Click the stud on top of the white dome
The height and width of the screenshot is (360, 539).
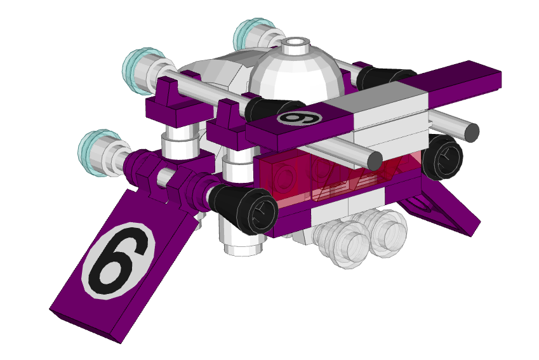tap(294, 46)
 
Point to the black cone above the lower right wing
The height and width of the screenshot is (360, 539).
tap(443, 156)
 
